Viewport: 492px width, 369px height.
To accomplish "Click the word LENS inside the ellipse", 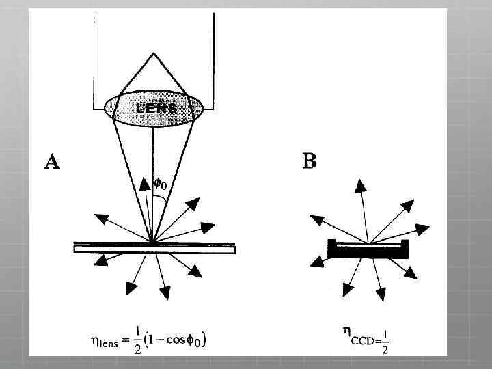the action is [x=156, y=108].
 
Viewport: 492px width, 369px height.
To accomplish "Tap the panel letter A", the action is [x=51, y=161].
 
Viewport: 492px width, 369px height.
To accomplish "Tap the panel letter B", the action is [x=309, y=161].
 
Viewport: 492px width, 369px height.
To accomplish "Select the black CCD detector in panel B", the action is [x=368, y=250].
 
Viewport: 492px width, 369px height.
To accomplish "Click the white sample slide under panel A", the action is [x=154, y=250].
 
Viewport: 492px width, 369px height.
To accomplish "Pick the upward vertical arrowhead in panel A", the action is [x=144, y=183].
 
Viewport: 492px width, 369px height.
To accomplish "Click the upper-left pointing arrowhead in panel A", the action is [x=100, y=219].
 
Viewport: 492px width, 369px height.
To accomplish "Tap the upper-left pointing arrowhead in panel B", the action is [x=316, y=219].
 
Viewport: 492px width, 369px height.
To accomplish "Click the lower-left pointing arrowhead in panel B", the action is [x=316, y=261].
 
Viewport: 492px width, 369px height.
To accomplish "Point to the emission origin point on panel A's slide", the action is [x=152, y=241].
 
